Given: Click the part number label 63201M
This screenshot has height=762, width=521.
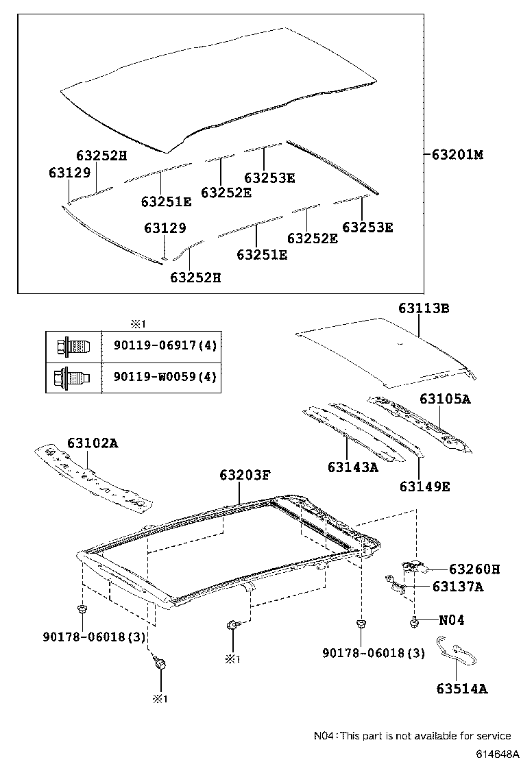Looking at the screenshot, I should [457, 155].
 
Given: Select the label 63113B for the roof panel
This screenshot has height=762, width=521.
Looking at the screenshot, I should [424, 308].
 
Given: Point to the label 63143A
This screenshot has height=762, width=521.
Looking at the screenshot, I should [352, 467].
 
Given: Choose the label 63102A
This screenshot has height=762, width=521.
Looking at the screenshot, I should [93, 443].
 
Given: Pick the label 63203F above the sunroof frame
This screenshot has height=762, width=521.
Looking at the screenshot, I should [245, 475].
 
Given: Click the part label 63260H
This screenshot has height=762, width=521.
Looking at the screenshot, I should [474, 569].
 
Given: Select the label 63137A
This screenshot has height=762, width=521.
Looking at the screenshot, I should [457, 587].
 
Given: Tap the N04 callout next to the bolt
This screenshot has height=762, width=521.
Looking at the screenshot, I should [451, 620].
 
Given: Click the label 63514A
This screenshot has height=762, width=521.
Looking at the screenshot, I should [461, 689].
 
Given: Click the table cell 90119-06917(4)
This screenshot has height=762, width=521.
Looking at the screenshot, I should [161, 345].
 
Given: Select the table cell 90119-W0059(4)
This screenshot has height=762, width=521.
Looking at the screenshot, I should [161, 376].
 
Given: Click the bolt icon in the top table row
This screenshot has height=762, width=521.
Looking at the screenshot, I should [73, 345].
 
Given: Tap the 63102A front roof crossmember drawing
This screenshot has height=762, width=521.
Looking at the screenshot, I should [93, 477].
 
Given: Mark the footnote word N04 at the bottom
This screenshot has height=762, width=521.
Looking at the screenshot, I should [324, 736].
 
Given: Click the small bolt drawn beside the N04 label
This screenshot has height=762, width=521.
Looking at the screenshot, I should [415, 621].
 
